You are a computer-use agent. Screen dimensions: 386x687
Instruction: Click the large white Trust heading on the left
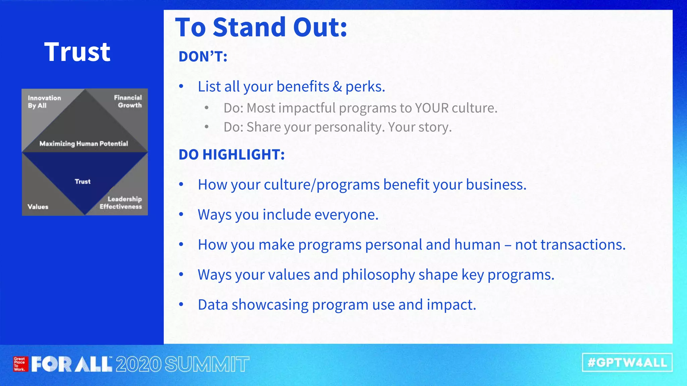click(x=77, y=52)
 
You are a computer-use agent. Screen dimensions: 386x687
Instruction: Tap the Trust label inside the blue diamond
click(x=83, y=182)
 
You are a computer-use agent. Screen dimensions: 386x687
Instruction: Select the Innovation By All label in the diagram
click(x=44, y=102)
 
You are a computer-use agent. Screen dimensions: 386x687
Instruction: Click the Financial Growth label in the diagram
click(x=128, y=101)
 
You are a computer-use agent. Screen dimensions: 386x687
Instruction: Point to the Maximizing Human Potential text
click(x=84, y=144)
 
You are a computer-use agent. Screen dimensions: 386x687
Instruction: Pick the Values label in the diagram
click(x=38, y=207)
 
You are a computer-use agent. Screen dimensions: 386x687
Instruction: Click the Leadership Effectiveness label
click(x=121, y=203)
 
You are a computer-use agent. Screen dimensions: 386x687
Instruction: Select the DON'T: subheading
click(x=203, y=57)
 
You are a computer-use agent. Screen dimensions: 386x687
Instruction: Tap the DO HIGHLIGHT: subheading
click(x=231, y=155)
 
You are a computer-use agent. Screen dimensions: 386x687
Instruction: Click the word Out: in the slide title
click(x=320, y=27)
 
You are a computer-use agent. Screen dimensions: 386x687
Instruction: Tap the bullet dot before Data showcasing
click(x=181, y=305)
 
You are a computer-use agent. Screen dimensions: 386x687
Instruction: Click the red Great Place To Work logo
click(x=20, y=364)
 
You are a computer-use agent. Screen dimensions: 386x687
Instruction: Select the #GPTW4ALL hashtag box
click(x=627, y=363)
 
